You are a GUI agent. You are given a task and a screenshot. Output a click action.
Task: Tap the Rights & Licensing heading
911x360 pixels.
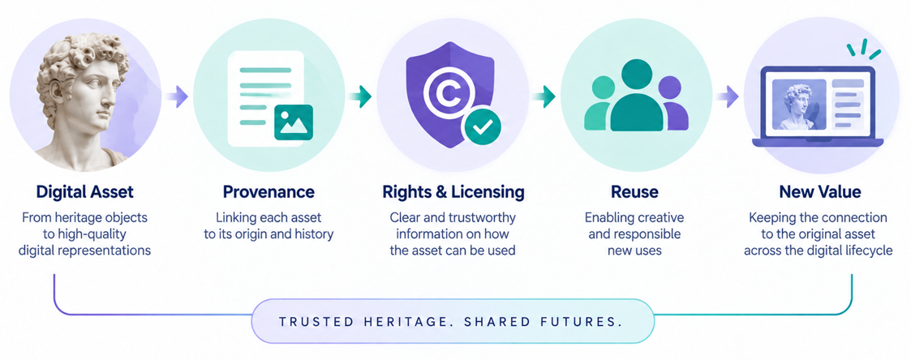coord(453,191)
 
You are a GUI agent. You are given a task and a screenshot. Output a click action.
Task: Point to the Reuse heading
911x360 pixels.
coord(634,191)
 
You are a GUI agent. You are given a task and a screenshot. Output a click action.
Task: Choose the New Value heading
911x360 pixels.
coord(820,191)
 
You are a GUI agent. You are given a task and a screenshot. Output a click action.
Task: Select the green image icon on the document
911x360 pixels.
coord(294,122)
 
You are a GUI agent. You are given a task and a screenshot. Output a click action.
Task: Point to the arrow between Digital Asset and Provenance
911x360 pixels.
coord(176,96)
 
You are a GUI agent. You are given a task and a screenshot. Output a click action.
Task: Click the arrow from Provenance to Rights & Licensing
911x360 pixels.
coord(359,96)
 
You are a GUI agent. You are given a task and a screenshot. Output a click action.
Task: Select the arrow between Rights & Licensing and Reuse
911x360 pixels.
coord(544,96)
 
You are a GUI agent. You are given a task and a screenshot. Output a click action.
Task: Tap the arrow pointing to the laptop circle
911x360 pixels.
coord(727,96)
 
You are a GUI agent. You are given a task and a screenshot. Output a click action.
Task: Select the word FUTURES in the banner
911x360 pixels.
coord(591,322)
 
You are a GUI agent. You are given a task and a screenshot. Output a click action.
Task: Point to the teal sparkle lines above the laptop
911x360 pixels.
coord(863,48)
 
